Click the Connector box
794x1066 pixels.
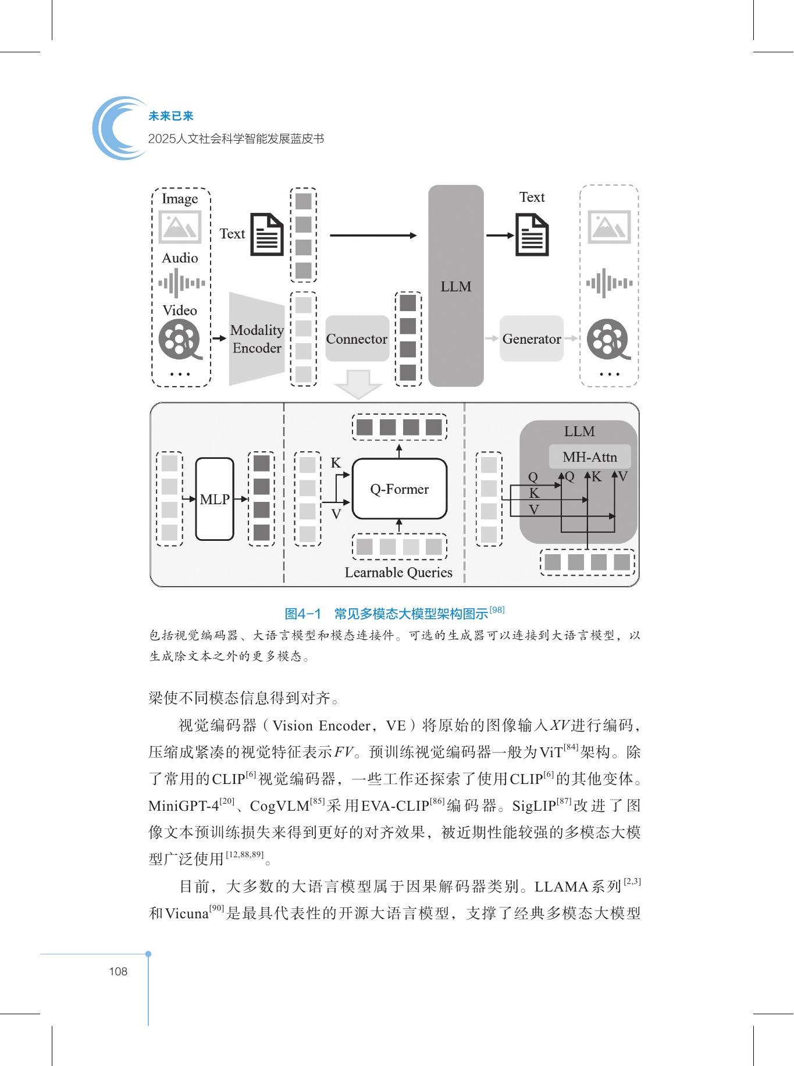357,338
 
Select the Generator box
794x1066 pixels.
532,338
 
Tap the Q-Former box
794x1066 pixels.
400,489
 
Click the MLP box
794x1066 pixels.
215,499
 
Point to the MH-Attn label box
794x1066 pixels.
590,457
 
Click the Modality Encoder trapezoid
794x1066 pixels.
257,339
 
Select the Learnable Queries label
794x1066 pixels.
398,573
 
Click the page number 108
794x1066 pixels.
118,971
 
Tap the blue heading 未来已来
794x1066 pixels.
170,116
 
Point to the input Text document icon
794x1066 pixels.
267,234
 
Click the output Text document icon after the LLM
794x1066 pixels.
532,235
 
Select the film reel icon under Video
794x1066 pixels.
180,340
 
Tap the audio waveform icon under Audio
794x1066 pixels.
181,283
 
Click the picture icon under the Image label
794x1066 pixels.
180,226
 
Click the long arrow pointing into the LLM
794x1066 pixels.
373,236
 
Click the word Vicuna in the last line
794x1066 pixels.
187,914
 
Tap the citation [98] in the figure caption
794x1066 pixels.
497,609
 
